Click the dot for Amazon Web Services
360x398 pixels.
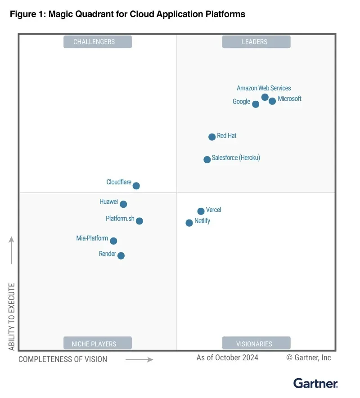265,97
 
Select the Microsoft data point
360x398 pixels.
272,101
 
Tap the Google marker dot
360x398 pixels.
256,104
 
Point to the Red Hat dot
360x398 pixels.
212,137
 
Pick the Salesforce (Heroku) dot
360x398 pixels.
207,160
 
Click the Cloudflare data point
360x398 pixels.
136,186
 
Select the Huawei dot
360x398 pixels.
123,204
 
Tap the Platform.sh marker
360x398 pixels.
139,221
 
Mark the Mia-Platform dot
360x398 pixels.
113,241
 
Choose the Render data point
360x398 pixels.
121,256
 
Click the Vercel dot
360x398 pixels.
201,211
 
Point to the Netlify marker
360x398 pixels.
189,223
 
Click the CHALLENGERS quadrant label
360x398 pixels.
97,42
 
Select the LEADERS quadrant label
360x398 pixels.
256,42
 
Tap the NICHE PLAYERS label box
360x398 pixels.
97,344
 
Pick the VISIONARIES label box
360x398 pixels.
256,344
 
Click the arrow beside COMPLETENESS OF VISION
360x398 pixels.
139,359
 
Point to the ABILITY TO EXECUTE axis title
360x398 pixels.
12,317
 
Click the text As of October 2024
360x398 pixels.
227,358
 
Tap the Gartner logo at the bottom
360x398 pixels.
315,383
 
